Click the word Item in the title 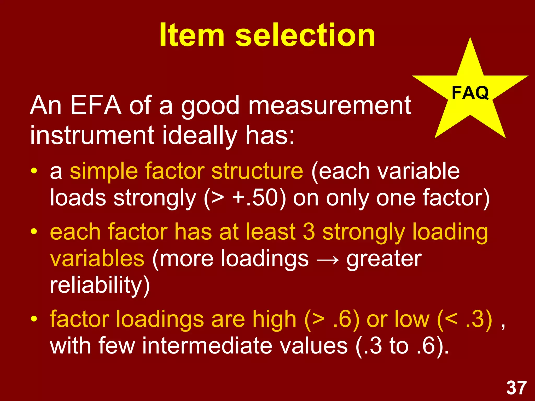(192, 35)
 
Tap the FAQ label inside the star (470, 93)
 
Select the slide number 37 (516, 388)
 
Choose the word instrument (92, 135)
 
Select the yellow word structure (257, 171)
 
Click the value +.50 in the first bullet (255, 198)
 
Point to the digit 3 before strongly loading (309, 232)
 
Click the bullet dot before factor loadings (34, 319)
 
